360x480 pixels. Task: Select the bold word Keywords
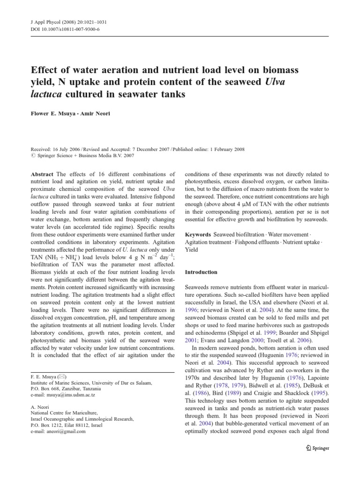[x=198, y=234]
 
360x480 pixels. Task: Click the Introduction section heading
[x=201, y=272]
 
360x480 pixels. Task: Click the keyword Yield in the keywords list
[x=191, y=250]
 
